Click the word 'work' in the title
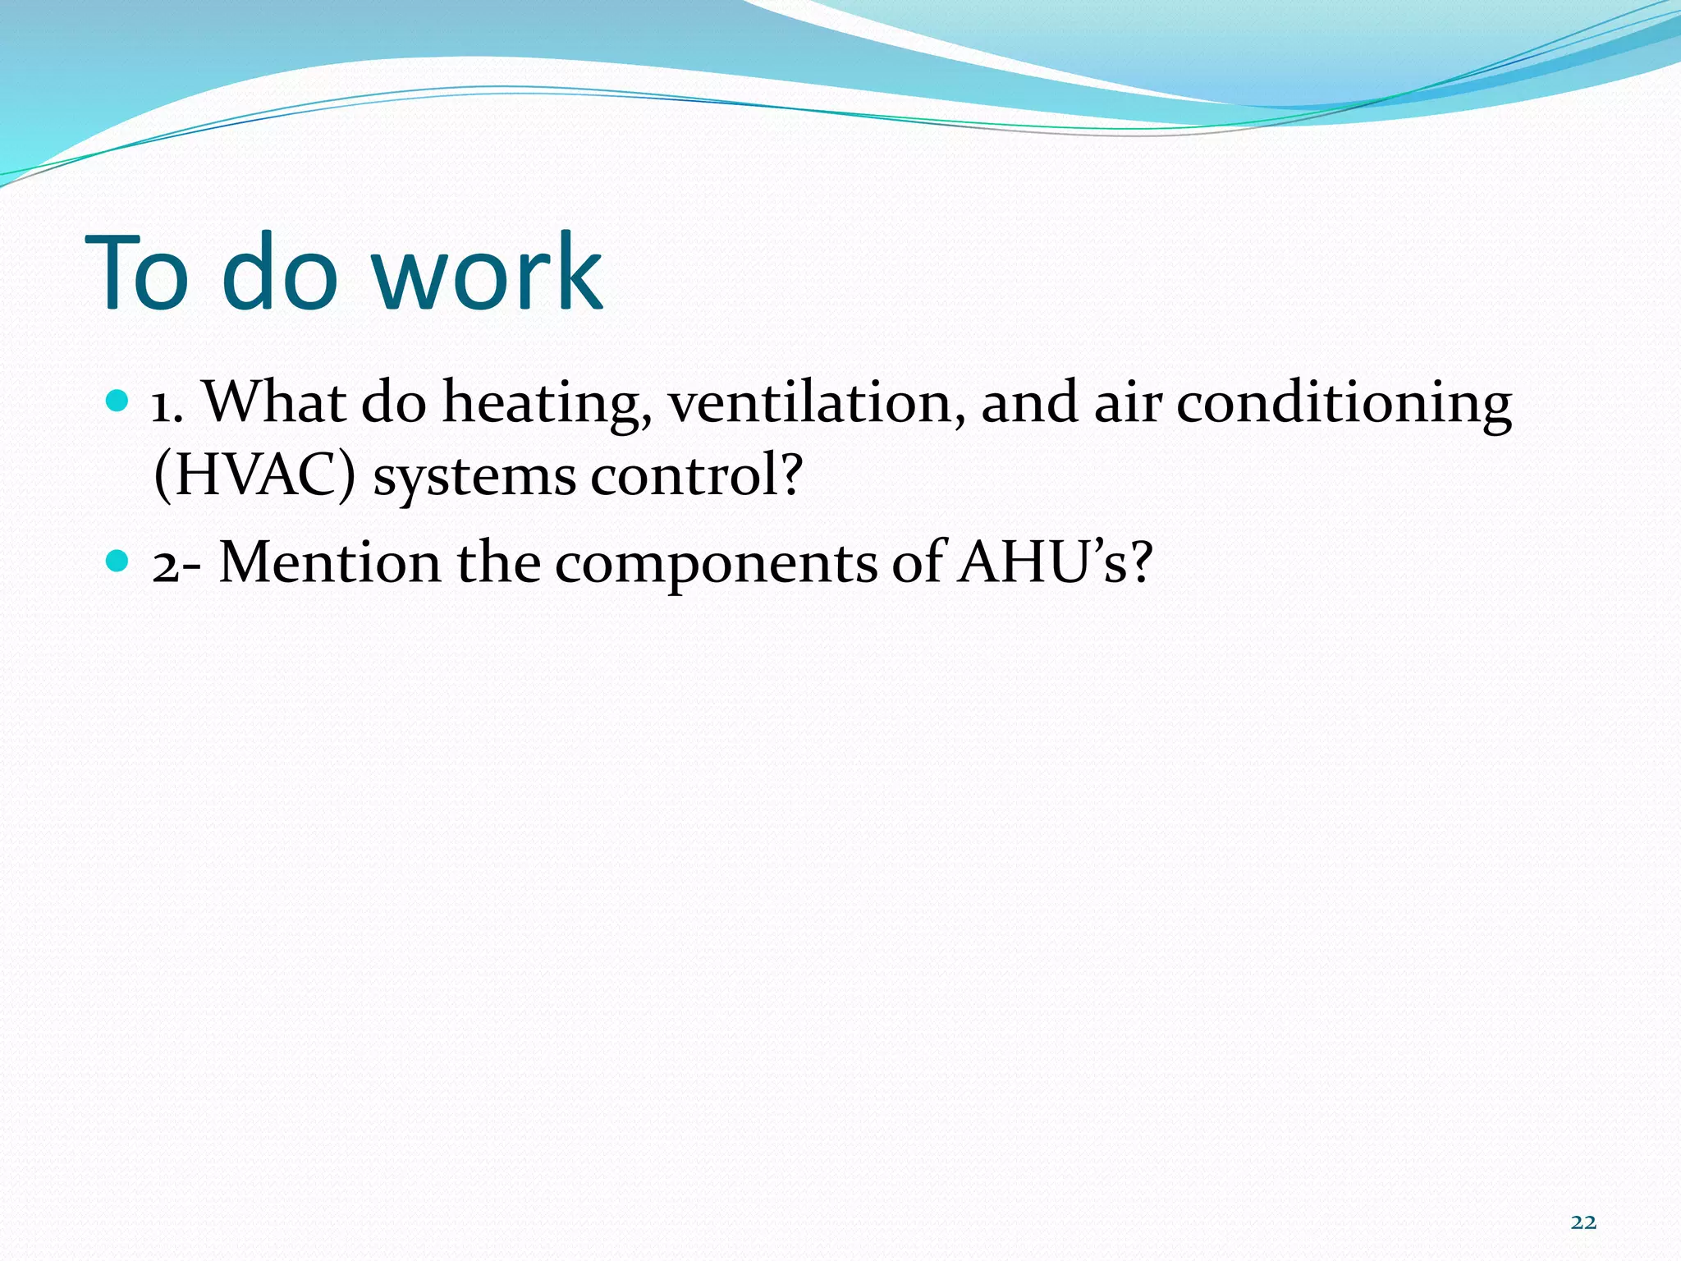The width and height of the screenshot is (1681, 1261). click(x=488, y=273)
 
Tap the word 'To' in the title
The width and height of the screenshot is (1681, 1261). click(x=137, y=273)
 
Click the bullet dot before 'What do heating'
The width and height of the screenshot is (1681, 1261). click(x=118, y=401)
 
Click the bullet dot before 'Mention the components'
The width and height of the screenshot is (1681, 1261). click(x=118, y=562)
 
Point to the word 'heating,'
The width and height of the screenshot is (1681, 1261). click(x=547, y=404)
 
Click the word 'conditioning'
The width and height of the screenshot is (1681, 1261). click(x=1344, y=404)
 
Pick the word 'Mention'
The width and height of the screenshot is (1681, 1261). click(x=330, y=563)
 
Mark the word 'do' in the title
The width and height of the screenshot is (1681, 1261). click(x=279, y=273)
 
